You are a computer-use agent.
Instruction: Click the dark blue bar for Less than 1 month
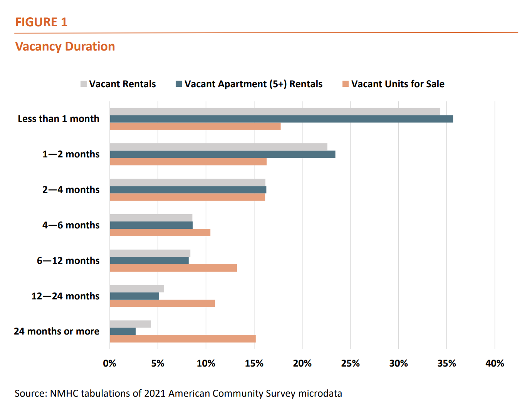tap(281, 119)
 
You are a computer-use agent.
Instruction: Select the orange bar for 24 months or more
tap(183, 339)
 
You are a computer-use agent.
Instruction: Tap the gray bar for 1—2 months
tap(218, 147)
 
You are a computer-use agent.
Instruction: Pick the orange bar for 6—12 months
tap(173, 268)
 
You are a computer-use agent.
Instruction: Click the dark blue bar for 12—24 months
tap(134, 296)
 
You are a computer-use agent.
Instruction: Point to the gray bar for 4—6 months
tap(151, 218)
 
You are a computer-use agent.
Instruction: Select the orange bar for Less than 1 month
tap(195, 126)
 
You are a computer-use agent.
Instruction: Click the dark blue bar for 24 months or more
tap(123, 331)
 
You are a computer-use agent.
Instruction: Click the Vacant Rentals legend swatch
tap(84, 84)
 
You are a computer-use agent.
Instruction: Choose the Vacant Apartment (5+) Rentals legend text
tap(253, 84)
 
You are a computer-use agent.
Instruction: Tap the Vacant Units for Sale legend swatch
tap(346, 84)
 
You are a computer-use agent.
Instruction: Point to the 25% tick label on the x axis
tap(350, 363)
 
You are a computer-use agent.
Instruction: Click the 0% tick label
tap(110, 363)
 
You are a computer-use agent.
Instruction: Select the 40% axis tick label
tap(495, 363)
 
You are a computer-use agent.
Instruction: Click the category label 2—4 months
tap(71, 189)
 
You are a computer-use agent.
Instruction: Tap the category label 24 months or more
tap(57, 331)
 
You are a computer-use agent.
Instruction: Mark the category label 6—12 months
tap(68, 260)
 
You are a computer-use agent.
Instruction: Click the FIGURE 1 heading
tap(41, 22)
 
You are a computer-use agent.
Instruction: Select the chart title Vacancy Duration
tap(65, 46)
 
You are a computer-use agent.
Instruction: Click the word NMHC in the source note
tap(64, 393)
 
